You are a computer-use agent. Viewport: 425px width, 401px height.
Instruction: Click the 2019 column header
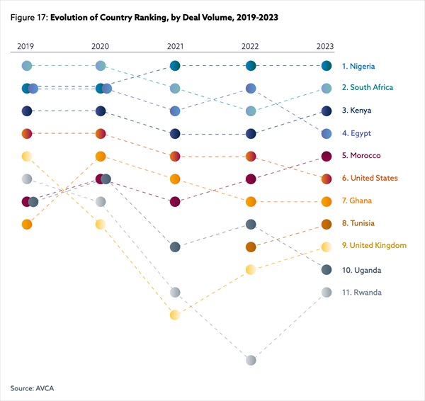25,46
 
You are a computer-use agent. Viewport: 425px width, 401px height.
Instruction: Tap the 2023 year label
325,46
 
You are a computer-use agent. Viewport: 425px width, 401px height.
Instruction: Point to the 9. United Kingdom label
374,245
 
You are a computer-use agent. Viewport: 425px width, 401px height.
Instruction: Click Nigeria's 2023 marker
326,66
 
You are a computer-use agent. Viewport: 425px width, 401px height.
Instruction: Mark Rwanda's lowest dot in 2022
251,360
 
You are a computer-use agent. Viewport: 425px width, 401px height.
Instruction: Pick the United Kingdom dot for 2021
175,315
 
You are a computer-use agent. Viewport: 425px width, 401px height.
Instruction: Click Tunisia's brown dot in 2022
251,247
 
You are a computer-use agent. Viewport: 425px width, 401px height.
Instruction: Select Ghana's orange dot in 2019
27,224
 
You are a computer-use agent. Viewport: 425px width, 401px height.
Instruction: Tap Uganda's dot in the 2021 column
175,247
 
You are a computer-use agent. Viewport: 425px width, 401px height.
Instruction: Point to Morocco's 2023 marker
326,156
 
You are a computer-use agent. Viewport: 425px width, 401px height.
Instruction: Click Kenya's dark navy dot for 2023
326,111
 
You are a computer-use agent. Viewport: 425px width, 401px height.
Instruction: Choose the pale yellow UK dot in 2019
27,156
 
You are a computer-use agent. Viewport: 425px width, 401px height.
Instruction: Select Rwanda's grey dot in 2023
326,292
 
